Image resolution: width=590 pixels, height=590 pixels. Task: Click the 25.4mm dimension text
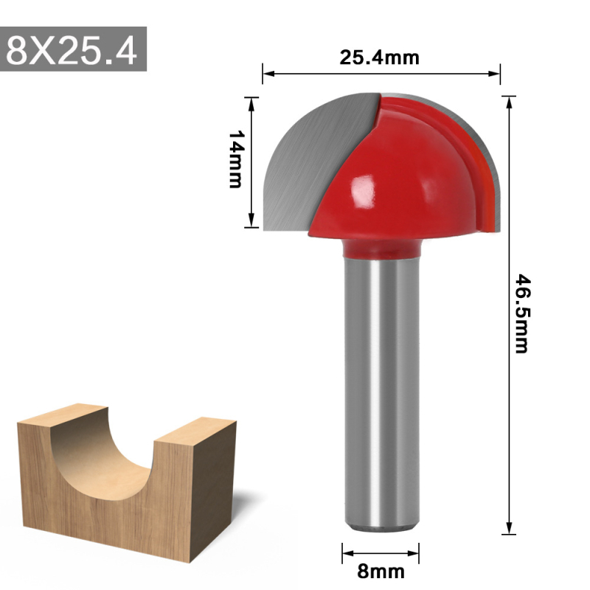(379, 58)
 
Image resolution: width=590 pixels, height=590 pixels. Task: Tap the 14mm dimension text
(235, 159)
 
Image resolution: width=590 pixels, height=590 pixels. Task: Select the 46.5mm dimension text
(522, 313)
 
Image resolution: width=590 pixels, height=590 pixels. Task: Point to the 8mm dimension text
(381, 570)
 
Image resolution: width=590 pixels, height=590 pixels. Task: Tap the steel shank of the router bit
(379, 391)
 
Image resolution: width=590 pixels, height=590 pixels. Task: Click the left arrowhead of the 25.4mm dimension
(268, 73)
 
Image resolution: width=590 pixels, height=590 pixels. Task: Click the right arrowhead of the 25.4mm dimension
(496, 73)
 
